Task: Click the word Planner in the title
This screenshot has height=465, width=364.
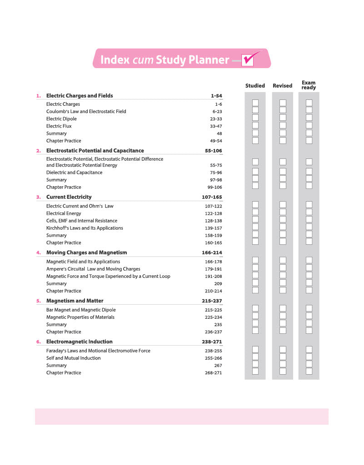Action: tap(208, 60)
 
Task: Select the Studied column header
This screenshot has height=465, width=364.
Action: tap(255, 85)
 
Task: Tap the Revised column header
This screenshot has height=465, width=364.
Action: tap(283, 85)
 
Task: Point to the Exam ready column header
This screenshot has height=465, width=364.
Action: tap(309, 85)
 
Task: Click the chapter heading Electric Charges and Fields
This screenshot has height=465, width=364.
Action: tap(80, 96)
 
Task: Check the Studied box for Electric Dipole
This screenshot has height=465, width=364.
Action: tap(255, 118)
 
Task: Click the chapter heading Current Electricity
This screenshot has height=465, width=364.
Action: tap(69, 197)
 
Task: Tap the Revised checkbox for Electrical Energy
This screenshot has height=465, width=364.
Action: tap(283, 212)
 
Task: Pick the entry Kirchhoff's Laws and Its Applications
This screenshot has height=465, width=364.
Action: tap(85, 228)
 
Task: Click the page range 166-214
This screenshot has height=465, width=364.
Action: tap(212, 252)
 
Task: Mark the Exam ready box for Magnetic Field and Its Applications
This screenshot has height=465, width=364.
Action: tap(309, 260)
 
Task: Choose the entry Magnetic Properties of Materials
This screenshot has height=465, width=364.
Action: tap(80, 317)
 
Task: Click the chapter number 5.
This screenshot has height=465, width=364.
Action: tap(38, 301)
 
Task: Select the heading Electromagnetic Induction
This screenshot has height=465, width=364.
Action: tap(80, 341)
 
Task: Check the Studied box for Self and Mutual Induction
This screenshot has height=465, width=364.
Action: tap(255, 357)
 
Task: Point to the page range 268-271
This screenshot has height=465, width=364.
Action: tap(214, 373)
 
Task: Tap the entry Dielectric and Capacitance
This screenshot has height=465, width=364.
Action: tap(74, 173)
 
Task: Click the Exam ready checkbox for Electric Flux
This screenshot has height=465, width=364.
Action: tap(309, 125)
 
